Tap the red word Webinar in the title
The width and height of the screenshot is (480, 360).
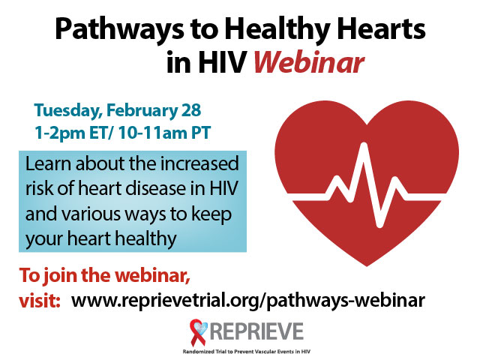[x=309, y=62]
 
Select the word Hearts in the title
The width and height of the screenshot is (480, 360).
[x=381, y=28]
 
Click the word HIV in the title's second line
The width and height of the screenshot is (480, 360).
[x=222, y=62]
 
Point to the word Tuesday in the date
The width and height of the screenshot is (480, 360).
[x=68, y=111]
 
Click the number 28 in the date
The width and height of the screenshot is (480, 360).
[x=191, y=110]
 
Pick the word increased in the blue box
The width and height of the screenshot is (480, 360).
[x=199, y=163]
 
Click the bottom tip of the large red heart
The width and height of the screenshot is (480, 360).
[x=367, y=265]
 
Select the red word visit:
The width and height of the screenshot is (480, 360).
[x=40, y=301]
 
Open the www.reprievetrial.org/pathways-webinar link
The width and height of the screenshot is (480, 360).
[x=248, y=301]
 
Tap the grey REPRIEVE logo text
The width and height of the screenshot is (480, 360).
[x=256, y=331]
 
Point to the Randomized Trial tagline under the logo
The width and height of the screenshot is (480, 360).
[x=247, y=352]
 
